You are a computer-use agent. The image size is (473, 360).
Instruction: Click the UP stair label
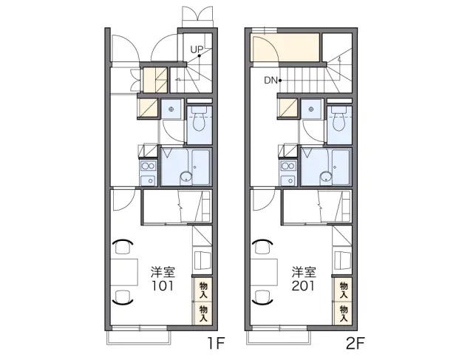[x=197, y=50]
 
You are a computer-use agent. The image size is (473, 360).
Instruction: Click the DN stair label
[x=270, y=81]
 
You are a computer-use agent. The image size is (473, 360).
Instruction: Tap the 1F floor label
[x=216, y=343]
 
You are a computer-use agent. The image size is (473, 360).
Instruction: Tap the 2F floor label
[x=355, y=343]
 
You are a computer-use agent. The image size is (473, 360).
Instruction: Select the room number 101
[x=163, y=285]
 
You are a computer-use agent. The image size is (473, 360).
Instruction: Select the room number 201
[x=303, y=285]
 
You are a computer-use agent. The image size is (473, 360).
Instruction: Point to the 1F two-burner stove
[x=148, y=166]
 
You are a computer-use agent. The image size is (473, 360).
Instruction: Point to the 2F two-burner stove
[x=288, y=166]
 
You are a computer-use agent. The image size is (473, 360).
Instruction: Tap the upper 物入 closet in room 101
[x=203, y=290]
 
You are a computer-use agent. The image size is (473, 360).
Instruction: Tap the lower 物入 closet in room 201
[x=343, y=313]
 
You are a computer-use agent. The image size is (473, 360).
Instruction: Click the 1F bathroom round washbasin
[x=186, y=177]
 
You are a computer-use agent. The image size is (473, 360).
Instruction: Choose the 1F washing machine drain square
[x=171, y=109]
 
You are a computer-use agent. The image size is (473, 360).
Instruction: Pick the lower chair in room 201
[x=262, y=297]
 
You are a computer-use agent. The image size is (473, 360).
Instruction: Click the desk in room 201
[x=265, y=272]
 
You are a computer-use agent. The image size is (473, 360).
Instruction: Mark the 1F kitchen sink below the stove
[x=148, y=180]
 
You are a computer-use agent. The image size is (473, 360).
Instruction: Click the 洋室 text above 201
[x=304, y=272]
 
